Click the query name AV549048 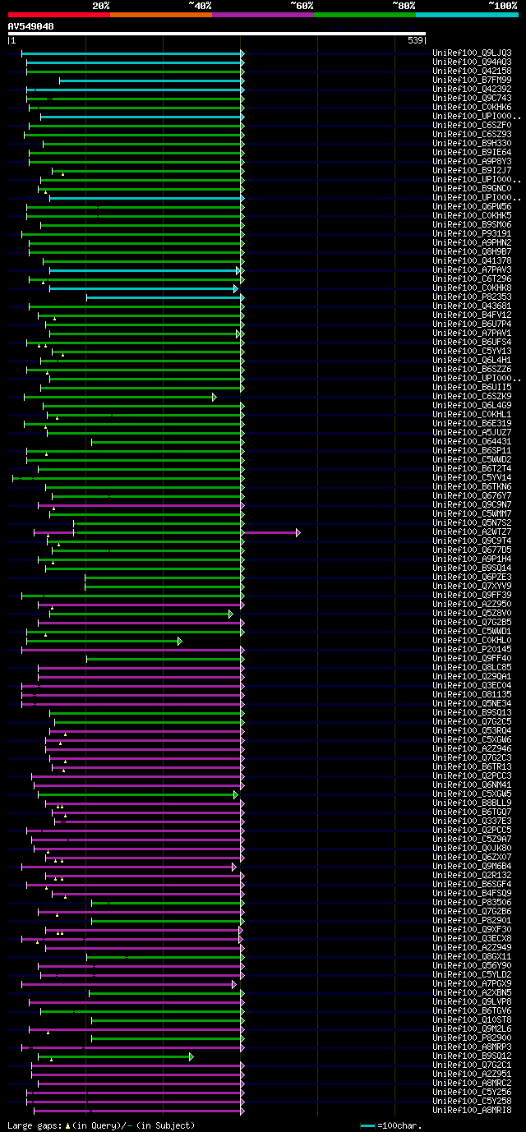click(x=31, y=26)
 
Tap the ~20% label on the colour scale click(x=101, y=6)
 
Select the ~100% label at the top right click(x=502, y=6)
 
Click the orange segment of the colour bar click(x=160, y=15)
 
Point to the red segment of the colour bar click(x=58, y=15)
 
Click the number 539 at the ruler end click(x=415, y=40)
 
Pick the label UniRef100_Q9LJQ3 click(x=472, y=53)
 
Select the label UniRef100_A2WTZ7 click(x=472, y=532)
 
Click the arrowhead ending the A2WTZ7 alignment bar click(x=298, y=532)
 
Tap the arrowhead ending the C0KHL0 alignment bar click(x=180, y=641)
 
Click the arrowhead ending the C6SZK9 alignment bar click(x=215, y=397)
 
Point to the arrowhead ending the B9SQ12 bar click(x=191, y=1056)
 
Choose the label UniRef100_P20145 click(x=472, y=650)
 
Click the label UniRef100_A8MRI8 click(x=472, y=1111)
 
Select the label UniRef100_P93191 click(x=472, y=234)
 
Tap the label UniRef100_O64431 click(x=472, y=442)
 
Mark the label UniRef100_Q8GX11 click(x=472, y=957)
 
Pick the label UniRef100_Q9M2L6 click(x=472, y=1029)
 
